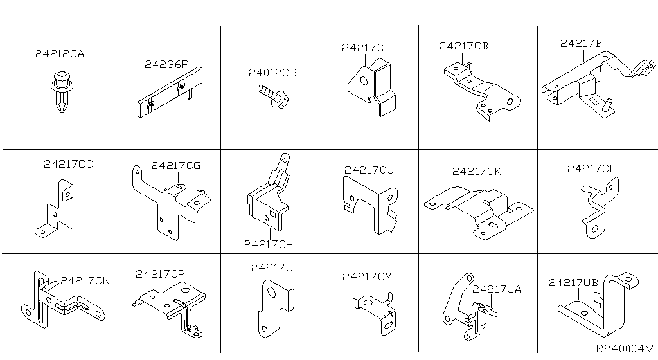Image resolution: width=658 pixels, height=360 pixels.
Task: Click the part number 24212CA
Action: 59,55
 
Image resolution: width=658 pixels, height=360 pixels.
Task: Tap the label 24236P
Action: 166,65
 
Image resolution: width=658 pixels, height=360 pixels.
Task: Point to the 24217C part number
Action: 362,48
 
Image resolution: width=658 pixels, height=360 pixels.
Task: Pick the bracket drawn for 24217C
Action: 371,87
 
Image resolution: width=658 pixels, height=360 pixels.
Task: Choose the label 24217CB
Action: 464,46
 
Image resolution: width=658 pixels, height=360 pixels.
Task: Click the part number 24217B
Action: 581,44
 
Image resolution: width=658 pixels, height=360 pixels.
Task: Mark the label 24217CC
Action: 68,165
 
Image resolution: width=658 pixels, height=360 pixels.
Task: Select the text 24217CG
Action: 176,166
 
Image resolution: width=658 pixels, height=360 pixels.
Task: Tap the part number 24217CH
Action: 269,244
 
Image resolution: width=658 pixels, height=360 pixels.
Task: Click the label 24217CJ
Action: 369,170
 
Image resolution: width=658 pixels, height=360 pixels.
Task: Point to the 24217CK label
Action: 476,172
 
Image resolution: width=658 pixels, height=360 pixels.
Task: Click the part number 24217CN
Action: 85,281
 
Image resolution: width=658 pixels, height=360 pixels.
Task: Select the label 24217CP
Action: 160,274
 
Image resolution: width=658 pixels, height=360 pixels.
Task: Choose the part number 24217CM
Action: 367,276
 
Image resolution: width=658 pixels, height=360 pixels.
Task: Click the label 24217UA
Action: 497,289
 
